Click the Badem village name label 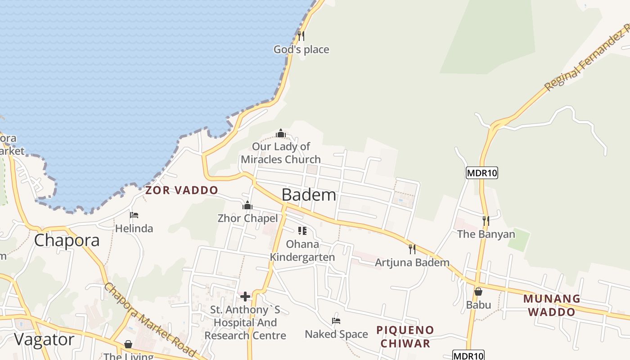point(309,195)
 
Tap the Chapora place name point(67,240)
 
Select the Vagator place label point(44,339)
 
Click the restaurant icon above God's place point(301,36)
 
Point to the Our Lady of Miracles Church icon point(281,133)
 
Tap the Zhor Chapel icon point(247,206)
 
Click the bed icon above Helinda point(134,215)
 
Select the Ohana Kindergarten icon point(302,231)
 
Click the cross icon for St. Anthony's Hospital point(245,296)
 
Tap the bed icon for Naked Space point(336,321)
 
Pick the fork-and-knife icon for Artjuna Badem point(412,249)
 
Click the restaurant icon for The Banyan point(486,220)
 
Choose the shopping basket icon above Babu point(478,292)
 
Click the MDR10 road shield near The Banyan point(481,173)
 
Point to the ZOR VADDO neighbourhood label point(181,190)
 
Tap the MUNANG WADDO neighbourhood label point(552,305)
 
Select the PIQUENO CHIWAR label point(405,337)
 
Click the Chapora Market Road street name point(149,320)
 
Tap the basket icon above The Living point(128,344)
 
